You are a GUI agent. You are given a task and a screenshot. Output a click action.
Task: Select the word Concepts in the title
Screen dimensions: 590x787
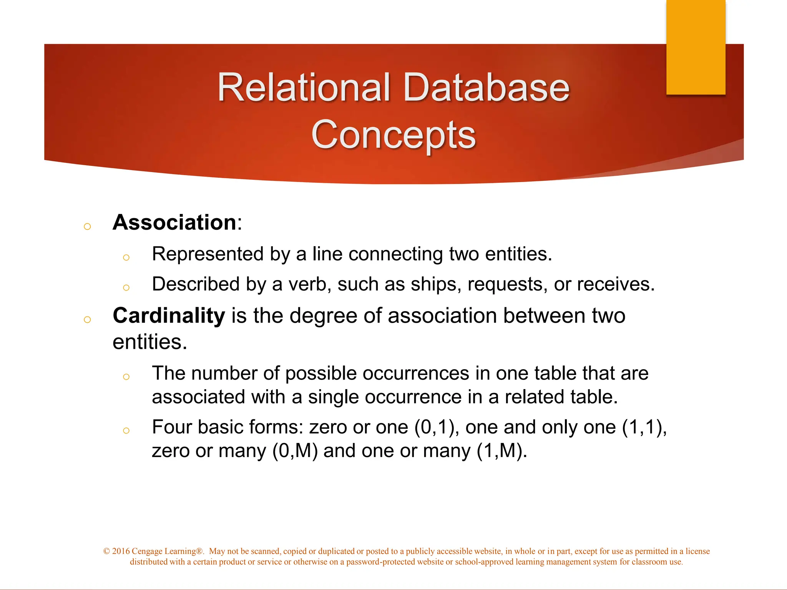point(393,134)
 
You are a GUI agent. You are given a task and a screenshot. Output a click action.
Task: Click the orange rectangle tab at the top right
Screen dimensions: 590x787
point(696,47)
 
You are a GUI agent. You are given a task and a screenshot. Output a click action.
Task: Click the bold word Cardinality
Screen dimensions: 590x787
point(169,316)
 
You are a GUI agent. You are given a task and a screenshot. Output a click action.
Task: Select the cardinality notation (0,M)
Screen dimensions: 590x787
point(295,451)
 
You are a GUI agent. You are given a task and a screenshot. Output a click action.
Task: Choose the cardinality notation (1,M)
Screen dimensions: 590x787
point(502,451)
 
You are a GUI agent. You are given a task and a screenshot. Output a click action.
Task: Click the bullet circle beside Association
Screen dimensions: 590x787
point(87,226)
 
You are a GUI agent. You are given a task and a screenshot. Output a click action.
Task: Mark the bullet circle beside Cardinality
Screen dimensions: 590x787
point(87,320)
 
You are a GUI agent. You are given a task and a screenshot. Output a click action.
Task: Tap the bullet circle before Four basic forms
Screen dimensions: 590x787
point(126,431)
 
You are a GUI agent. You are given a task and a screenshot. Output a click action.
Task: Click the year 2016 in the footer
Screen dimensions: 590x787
point(121,551)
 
